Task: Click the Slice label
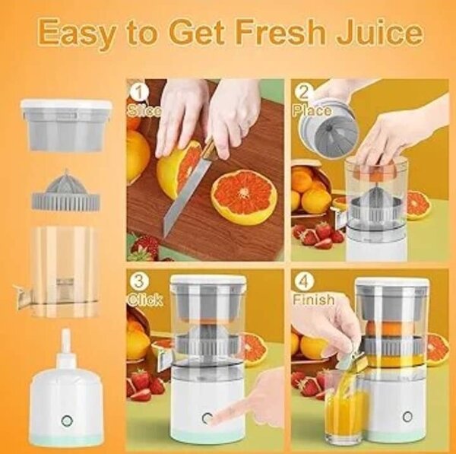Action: click(x=144, y=110)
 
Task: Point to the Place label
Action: click(x=312, y=111)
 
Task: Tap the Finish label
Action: click(x=313, y=300)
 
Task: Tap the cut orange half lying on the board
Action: click(x=242, y=196)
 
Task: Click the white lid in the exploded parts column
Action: click(x=65, y=106)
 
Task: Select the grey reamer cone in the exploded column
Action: click(x=65, y=192)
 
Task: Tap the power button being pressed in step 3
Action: click(x=205, y=417)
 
